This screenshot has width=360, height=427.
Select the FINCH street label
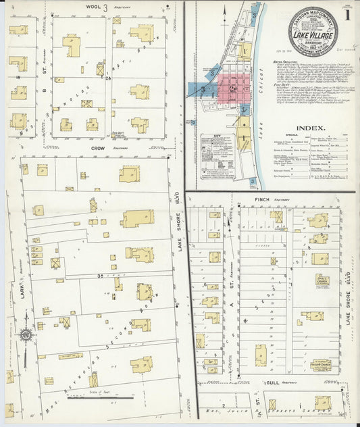pos(263,200)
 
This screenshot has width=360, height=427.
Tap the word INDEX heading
pos(310,127)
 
